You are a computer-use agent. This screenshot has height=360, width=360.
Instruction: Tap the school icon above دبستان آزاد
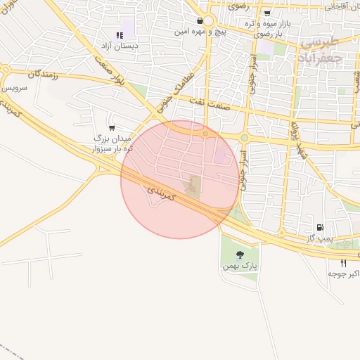[x=118, y=35]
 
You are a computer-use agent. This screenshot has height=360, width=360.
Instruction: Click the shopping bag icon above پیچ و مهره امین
[x=201, y=21]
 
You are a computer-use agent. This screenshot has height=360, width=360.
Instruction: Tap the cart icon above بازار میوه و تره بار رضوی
[x=267, y=13]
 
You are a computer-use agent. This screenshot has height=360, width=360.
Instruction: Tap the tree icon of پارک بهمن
[x=240, y=254]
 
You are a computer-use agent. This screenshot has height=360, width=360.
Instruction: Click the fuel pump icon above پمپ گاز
[x=321, y=227]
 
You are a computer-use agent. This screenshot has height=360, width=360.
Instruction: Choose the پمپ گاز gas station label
[x=318, y=239]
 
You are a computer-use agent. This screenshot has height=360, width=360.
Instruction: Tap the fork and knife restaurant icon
[x=343, y=262]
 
